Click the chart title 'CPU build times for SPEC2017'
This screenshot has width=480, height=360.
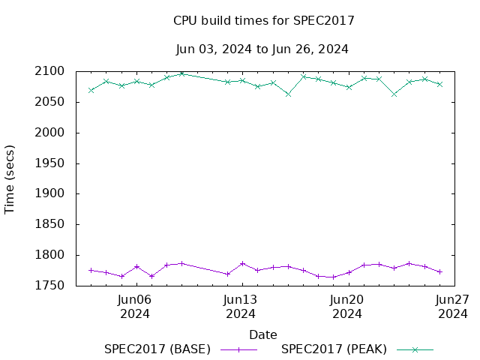[x=263, y=21]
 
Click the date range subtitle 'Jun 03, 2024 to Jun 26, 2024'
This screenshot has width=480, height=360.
[x=262, y=49]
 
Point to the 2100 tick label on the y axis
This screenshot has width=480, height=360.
[x=49, y=72]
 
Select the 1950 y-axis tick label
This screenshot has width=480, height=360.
[x=49, y=163]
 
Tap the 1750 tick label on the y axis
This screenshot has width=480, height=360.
[x=49, y=286]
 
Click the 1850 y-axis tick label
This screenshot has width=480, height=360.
[x=49, y=224]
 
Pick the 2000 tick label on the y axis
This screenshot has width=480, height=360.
[x=49, y=133]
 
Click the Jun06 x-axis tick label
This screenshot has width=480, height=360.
[x=136, y=299]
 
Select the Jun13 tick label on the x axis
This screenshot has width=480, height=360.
[x=241, y=299]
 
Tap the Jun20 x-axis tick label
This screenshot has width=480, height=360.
[x=347, y=299]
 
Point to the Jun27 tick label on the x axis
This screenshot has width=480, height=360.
[x=453, y=299]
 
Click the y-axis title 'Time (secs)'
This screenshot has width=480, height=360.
[x=10, y=178]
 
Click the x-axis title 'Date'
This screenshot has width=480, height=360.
[x=263, y=334]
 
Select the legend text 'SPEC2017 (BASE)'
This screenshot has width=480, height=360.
[x=157, y=349]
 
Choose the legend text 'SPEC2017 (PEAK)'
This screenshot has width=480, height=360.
[x=334, y=349]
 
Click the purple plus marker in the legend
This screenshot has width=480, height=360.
[x=238, y=349]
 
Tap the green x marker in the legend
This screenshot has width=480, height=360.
[x=415, y=349]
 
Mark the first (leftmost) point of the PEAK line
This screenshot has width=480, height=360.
[x=91, y=90]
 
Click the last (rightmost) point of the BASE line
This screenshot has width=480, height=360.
[x=439, y=271]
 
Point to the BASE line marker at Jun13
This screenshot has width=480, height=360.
[x=242, y=263]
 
